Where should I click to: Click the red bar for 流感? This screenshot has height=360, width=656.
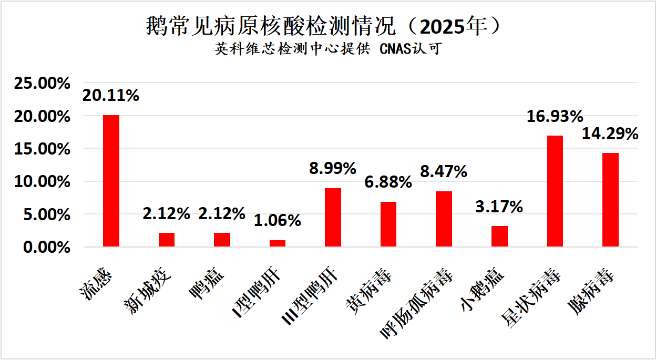(111, 181)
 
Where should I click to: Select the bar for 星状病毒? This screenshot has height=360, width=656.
(555, 191)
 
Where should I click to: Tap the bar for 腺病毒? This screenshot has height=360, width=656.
(610, 200)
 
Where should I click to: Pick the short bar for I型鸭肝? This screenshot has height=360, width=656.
(278, 243)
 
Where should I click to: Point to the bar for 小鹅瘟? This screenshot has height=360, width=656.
(499, 236)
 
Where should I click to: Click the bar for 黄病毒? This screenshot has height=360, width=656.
(388, 224)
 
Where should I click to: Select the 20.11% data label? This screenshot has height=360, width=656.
(110, 95)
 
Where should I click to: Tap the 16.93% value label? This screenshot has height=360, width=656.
(555, 116)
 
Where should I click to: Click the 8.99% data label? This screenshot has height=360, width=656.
(333, 168)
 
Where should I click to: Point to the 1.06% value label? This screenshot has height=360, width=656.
(277, 220)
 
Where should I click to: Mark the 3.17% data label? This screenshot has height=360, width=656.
(499, 207)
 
